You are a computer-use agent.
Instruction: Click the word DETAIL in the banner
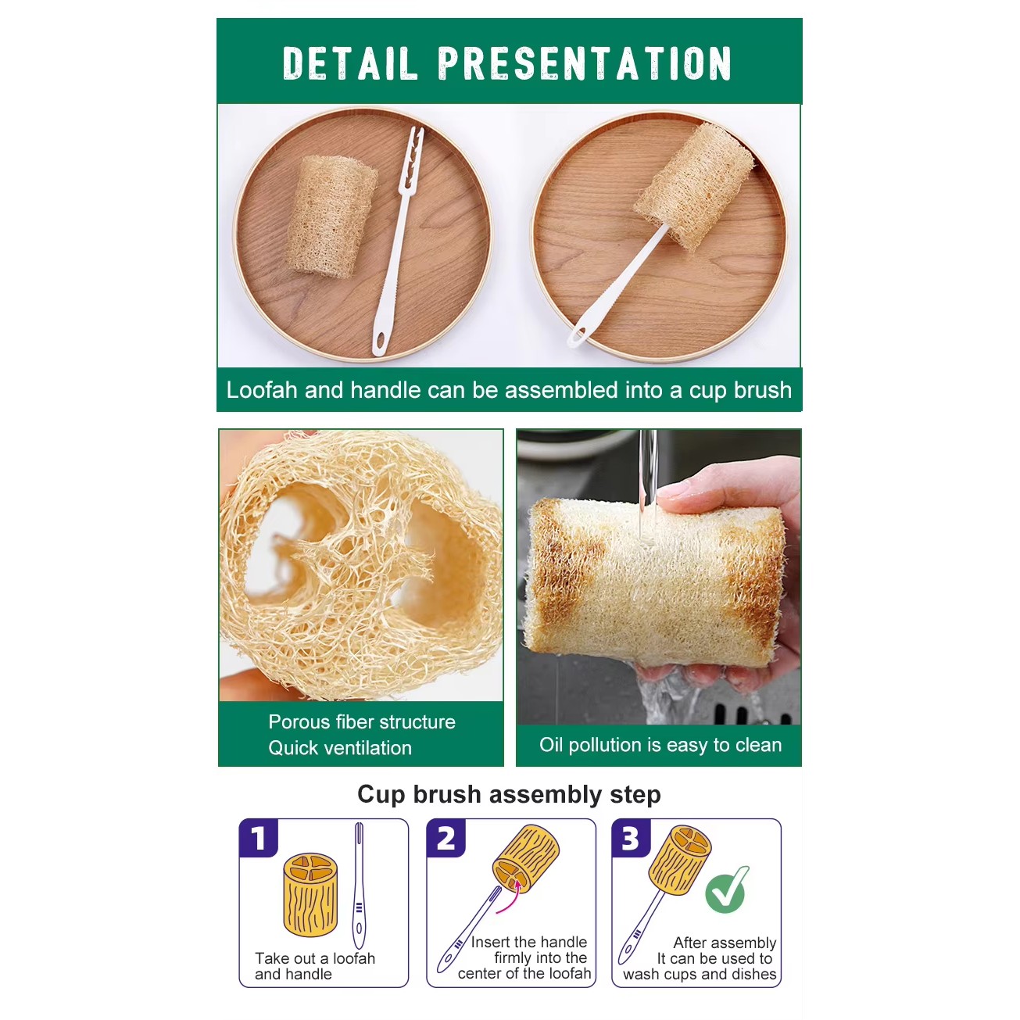click(350, 63)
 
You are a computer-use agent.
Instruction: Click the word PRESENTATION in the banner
click(585, 63)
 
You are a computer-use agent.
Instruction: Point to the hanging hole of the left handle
click(380, 338)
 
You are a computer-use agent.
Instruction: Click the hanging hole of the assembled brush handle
click(578, 335)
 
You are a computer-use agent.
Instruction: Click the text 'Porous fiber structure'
click(362, 722)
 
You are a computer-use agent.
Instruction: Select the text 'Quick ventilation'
click(340, 748)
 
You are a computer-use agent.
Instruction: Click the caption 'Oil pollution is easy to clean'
click(660, 745)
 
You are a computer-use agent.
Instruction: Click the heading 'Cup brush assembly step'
click(509, 795)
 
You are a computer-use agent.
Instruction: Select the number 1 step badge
click(258, 839)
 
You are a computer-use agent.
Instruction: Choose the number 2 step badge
click(446, 839)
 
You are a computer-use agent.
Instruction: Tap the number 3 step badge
click(631, 839)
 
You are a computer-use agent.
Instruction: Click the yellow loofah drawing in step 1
click(310, 895)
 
